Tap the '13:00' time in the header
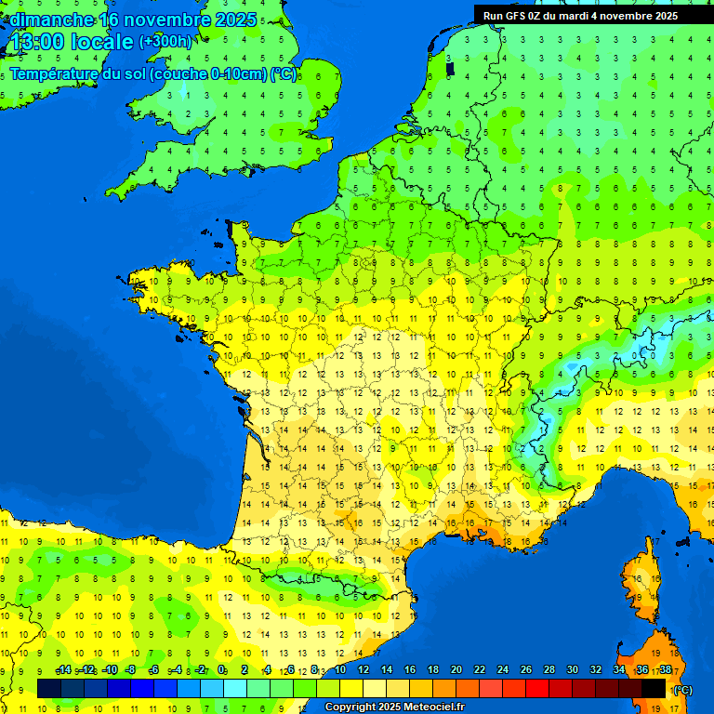[x=36, y=43]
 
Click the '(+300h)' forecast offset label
[x=165, y=42]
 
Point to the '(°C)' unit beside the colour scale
[x=681, y=689]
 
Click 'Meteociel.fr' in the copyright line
[x=434, y=707]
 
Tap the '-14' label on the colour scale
[x=64, y=670]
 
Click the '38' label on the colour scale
[x=666, y=670]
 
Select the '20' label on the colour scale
[x=456, y=670]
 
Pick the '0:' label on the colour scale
[x=223, y=670]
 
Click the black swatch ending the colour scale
[x=654, y=689]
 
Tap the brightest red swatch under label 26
[x=537, y=689]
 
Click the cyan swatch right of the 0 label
[x=235, y=689]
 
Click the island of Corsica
[x=642, y=586]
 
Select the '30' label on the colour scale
[x=573, y=670]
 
